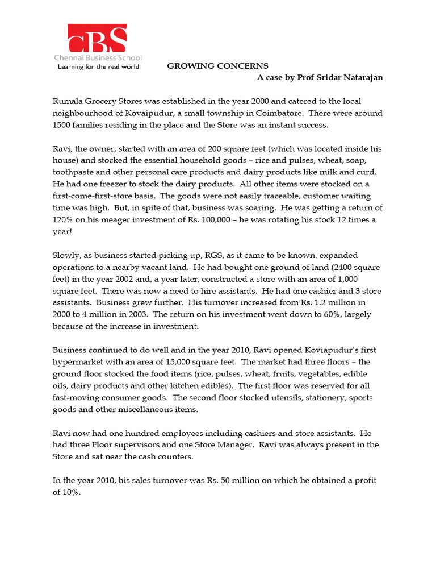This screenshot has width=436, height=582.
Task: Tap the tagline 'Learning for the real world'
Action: click(97, 66)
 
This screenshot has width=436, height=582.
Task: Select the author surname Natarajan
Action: click(361, 77)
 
